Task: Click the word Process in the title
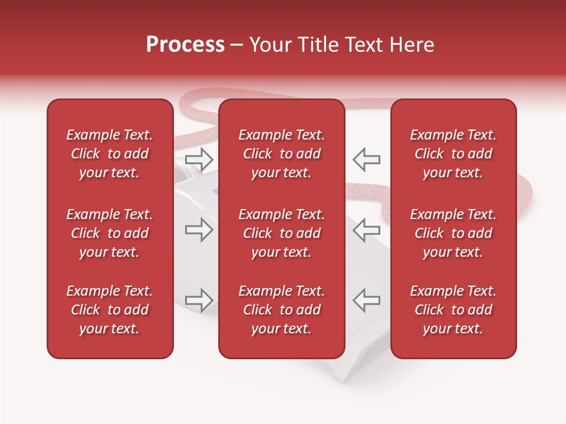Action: [x=185, y=45]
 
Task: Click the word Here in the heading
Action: [x=412, y=45]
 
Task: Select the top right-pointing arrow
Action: [x=199, y=158]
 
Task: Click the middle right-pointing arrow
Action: [x=199, y=230]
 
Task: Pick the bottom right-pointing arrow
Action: [x=199, y=300]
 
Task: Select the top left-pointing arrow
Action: [x=366, y=159]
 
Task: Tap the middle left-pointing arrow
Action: [x=366, y=230]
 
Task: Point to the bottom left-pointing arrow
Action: [x=366, y=300]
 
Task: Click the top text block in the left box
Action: [x=110, y=154]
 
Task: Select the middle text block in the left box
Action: [x=110, y=233]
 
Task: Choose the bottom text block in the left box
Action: [x=110, y=310]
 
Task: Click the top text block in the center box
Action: [x=281, y=154]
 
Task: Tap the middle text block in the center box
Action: [x=281, y=233]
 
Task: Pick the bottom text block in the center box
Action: [x=281, y=310]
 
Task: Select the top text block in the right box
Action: [x=453, y=154]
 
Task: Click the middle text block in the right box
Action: [x=453, y=233]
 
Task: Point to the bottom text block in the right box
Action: [x=453, y=310]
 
